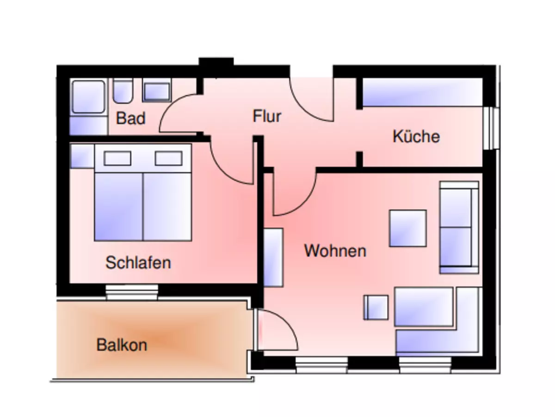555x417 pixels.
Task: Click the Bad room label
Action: point(130,118)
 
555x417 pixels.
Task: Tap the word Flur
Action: point(267,116)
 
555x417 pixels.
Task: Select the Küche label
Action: point(416,137)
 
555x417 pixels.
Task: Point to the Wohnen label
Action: point(335,251)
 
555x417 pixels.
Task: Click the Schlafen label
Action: point(138,263)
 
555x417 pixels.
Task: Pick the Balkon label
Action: point(122,345)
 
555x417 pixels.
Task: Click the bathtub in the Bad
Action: point(88,97)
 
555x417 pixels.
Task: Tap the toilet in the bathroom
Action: point(123,91)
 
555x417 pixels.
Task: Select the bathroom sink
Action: point(156,91)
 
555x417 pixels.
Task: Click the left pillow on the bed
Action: point(117,158)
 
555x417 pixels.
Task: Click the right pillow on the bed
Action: point(168,158)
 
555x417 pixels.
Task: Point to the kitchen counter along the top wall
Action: point(422,92)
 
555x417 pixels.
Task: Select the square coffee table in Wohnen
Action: point(407,228)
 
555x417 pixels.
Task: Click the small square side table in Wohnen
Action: point(376,307)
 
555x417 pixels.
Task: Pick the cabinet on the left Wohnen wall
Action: point(273,258)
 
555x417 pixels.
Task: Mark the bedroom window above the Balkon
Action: point(132,292)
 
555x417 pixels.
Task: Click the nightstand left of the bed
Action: point(82,156)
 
